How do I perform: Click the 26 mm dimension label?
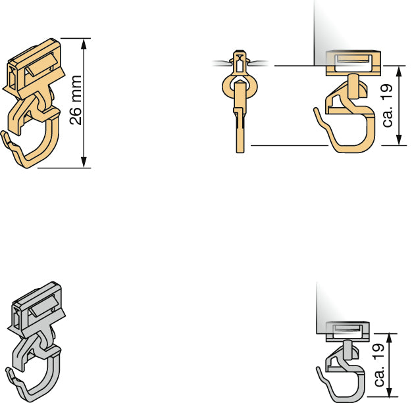(x=76, y=100)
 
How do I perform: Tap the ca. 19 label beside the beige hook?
(x=388, y=106)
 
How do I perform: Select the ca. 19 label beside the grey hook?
(x=379, y=365)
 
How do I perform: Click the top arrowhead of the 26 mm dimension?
(x=84, y=44)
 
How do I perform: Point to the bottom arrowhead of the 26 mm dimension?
(x=84, y=162)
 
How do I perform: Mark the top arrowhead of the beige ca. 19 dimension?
(x=399, y=71)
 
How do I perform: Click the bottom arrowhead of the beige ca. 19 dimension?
(x=399, y=139)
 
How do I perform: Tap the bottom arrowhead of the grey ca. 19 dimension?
(x=390, y=391)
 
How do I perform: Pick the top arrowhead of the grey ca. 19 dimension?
(x=390, y=339)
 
